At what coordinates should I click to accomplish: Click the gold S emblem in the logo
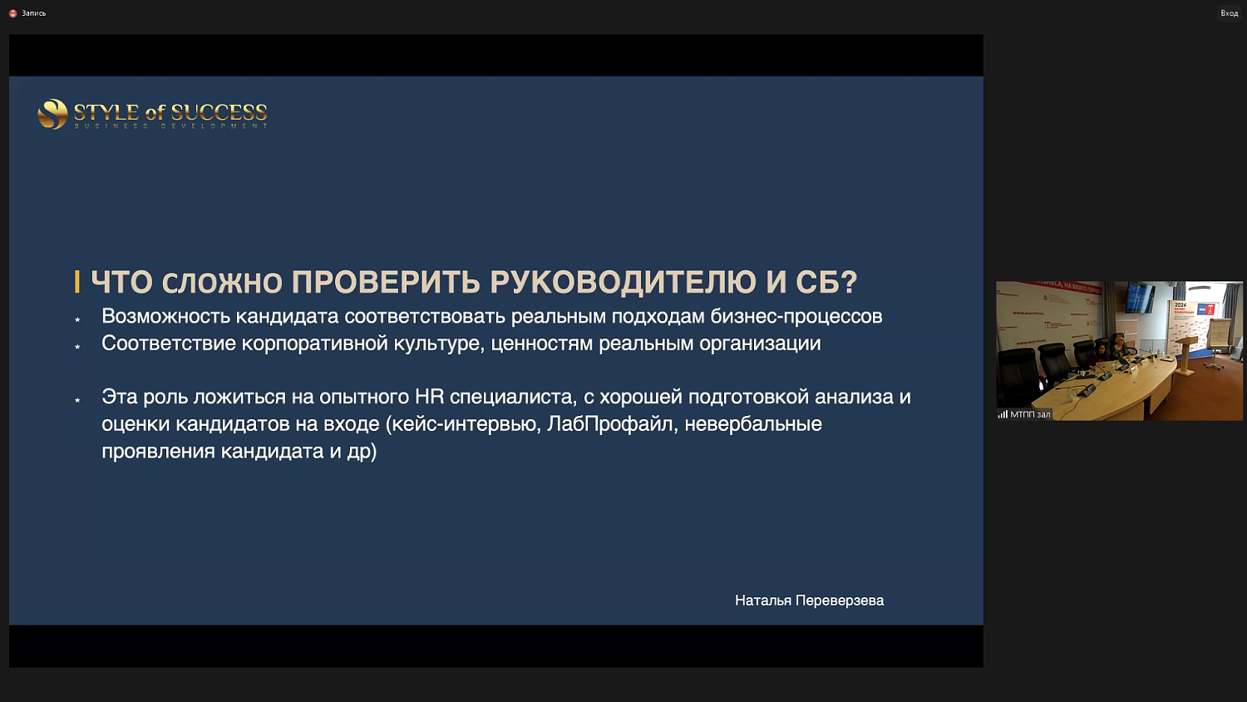coord(52,114)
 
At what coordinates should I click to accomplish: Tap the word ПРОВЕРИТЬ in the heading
coord(385,282)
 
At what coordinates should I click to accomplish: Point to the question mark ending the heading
coord(849,282)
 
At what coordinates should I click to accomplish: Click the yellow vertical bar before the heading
coord(77,282)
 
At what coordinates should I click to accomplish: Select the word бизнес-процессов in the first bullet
coord(796,316)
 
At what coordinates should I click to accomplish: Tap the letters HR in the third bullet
coord(429,397)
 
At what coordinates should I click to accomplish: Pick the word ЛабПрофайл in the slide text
coord(609,424)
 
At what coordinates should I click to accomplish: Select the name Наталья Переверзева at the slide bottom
coord(809,601)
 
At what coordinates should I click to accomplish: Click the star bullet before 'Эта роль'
coord(77,400)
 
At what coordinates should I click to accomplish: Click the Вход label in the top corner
coord(1229,13)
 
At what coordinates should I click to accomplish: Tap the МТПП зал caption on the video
coord(1030,414)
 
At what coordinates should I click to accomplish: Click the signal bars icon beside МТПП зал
coord(1003,414)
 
